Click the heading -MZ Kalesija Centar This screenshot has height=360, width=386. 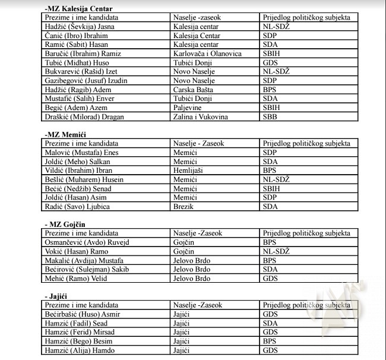78,8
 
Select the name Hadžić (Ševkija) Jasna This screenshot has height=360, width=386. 77,27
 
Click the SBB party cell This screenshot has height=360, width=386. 270,116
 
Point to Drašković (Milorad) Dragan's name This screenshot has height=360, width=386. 84,116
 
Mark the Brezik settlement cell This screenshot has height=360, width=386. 183,206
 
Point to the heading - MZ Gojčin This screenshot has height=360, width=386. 66,225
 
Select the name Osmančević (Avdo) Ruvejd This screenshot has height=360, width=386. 87,242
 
